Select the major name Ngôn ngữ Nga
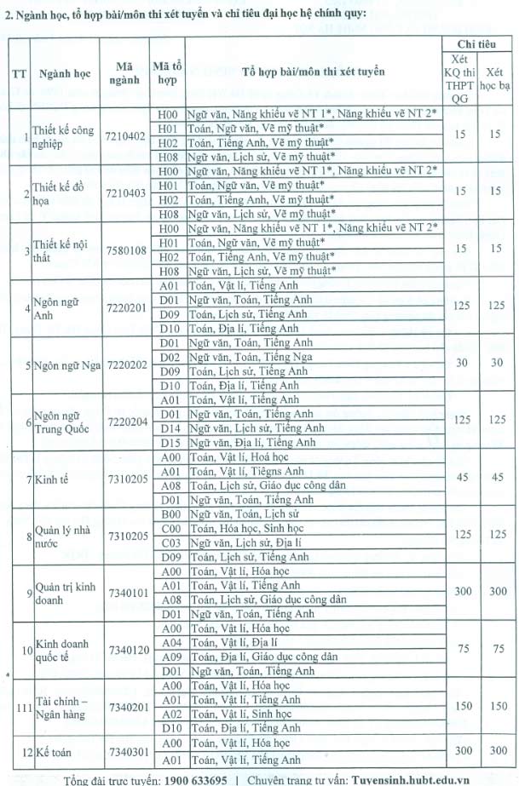[x=67, y=365]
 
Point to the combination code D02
[x=168, y=358]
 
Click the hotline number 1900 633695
[x=190, y=778]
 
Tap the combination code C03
[x=168, y=542]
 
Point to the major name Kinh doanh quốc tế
[x=61, y=650]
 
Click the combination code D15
[x=168, y=443]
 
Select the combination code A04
[x=168, y=642]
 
